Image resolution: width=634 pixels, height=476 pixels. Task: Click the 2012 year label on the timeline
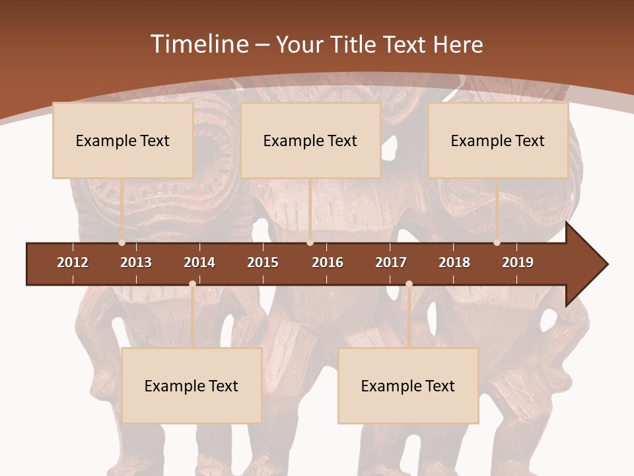coord(73,262)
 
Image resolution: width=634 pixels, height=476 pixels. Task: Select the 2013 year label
coord(136,262)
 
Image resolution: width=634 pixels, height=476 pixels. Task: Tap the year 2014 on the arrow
coord(199,262)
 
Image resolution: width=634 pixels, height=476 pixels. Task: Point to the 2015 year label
coord(263,262)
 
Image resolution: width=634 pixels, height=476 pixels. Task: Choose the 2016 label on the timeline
coord(328,262)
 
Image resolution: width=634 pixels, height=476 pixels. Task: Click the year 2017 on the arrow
coord(391,262)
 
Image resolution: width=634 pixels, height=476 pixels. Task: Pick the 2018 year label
coord(454,262)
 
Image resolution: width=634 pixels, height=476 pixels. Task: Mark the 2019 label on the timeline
coord(518,262)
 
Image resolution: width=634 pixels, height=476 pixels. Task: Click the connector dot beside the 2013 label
coord(122,243)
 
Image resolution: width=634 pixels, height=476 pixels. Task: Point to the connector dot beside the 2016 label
coord(310,243)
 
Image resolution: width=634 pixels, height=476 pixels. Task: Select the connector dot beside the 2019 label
coord(497,243)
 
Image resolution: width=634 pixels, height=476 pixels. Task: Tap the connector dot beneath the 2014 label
coord(192,284)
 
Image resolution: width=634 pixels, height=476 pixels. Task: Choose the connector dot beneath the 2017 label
coord(409,284)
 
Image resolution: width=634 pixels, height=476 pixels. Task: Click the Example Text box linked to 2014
coord(192,385)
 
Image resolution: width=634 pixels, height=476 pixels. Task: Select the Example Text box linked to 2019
coord(498,140)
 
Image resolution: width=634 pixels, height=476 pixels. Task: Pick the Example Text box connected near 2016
coord(310,140)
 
